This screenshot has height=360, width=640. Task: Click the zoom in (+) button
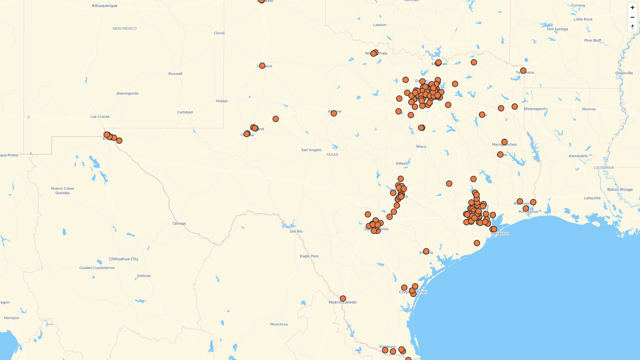pyautogui.click(x=632, y=8)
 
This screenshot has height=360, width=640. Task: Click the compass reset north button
pyautogui.click(x=632, y=27)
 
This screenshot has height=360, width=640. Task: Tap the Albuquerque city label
pyautogui.click(x=104, y=6)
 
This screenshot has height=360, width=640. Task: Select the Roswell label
pyautogui.click(x=175, y=74)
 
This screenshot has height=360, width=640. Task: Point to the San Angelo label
pyautogui.click(x=311, y=150)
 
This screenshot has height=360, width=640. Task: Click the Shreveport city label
pyautogui.click(x=535, y=109)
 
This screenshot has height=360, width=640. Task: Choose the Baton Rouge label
pyautogui.click(x=620, y=189)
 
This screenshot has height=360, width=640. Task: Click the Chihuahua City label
pyautogui.click(x=123, y=259)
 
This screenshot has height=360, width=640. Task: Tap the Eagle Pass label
pyautogui.click(x=309, y=256)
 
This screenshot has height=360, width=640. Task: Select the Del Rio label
pyautogui.click(x=296, y=231)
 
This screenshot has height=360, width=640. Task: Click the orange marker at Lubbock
pyautogui.click(x=262, y=66)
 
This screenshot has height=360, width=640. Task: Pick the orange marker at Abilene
pyautogui.click(x=334, y=113)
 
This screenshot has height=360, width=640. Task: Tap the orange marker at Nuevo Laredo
pyautogui.click(x=343, y=298)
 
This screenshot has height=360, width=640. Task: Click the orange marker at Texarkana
pyautogui.click(x=523, y=71)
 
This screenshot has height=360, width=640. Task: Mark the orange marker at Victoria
pyautogui.click(x=426, y=251)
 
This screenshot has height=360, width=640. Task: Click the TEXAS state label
pyautogui.click(x=332, y=155)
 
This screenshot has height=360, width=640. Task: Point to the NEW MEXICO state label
pyautogui.click(x=124, y=29)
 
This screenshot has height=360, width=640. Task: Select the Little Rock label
pyautogui.click(x=583, y=19)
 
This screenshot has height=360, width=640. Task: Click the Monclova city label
pyautogui.click(x=279, y=324)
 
